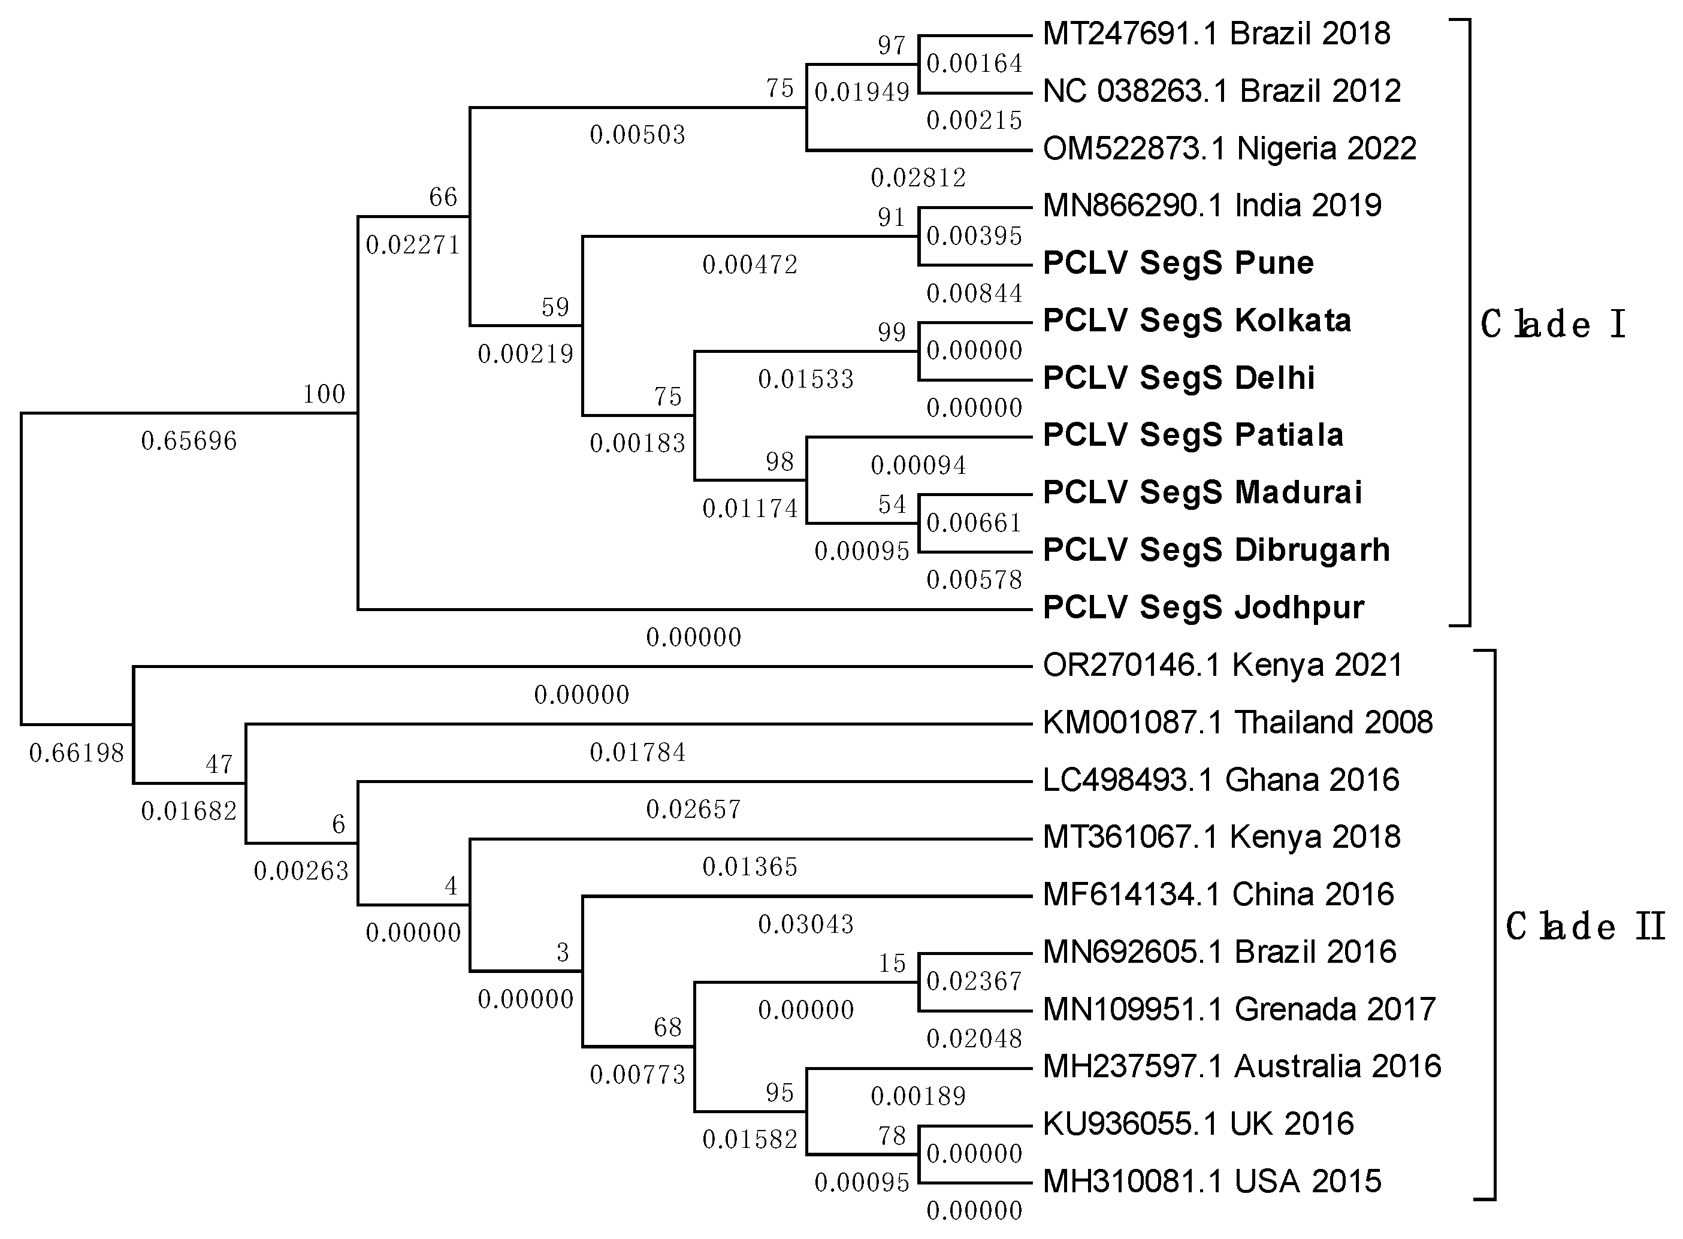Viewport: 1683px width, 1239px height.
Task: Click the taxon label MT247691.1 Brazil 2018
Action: pyautogui.click(x=1216, y=34)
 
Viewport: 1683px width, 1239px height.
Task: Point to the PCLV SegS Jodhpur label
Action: pyautogui.click(x=1203, y=607)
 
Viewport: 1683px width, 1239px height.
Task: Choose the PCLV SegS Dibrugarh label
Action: pyautogui.click(x=1216, y=550)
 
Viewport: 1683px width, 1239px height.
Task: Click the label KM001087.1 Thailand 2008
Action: pyautogui.click(x=1237, y=722)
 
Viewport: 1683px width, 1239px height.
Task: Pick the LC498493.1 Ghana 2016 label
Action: pyautogui.click(x=1220, y=780)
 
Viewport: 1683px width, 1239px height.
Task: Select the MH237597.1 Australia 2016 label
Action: pyautogui.click(x=1241, y=1066)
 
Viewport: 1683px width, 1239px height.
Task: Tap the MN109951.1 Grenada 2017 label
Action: pyautogui.click(x=1238, y=1009)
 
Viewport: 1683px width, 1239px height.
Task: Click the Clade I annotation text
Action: pyautogui.click(x=1552, y=324)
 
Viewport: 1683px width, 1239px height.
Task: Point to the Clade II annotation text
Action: pyautogui.click(x=1585, y=926)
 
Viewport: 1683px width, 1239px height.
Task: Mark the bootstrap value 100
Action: pyautogui.click(x=324, y=394)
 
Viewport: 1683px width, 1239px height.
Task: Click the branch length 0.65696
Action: pyautogui.click(x=189, y=440)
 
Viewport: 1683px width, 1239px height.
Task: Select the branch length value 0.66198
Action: pyautogui.click(x=77, y=753)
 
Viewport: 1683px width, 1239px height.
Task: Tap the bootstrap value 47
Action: pyautogui.click(x=219, y=764)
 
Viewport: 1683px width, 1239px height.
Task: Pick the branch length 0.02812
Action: pyautogui.click(x=918, y=178)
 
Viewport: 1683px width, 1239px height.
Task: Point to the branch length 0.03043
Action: pyautogui.click(x=805, y=924)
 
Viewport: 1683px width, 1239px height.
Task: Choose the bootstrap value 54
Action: pyautogui.click(x=892, y=504)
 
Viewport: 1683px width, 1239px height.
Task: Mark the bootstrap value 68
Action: pyautogui.click(x=667, y=1027)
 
